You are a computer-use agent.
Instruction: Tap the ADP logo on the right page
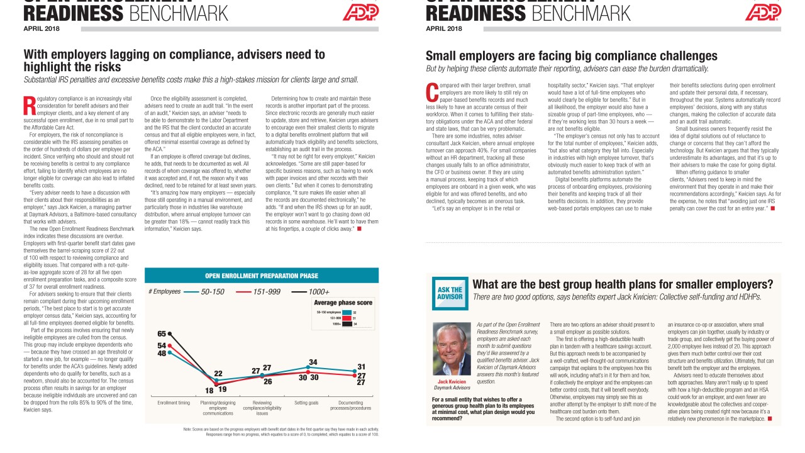pos(762,12)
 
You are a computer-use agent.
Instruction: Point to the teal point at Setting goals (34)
pos(308,367)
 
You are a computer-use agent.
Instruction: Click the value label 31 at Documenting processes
pos(362,366)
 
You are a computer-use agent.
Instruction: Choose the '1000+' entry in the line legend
pos(318,292)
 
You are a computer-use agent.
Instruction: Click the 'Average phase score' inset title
pos(343,303)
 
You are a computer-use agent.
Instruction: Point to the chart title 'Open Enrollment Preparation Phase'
pos(262,276)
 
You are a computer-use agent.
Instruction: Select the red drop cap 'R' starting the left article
pos(28,106)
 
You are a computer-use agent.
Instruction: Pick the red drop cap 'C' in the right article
pos(431,92)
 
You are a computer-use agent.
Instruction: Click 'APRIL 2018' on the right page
pos(443,28)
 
